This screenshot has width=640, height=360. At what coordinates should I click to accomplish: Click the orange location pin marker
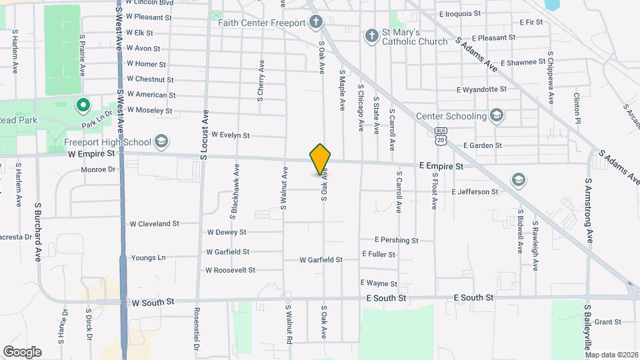tap(320, 159)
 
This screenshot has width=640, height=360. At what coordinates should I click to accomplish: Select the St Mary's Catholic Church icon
tap(371, 36)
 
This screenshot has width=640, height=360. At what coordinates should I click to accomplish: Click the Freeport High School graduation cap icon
tap(161, 141)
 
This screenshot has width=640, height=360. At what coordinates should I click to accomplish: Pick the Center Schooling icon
tap(496, 116)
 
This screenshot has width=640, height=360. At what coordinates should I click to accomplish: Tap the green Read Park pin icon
tap(83, 105)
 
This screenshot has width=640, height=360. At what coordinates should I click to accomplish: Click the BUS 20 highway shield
tap(440, 136)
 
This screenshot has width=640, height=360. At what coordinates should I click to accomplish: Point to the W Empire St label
tap(91, 153)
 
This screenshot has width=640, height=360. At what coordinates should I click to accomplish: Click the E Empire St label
tap(441, 165)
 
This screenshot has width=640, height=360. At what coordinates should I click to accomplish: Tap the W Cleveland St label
tap(154, 224)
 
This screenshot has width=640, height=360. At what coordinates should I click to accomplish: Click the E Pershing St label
tap(396, 240)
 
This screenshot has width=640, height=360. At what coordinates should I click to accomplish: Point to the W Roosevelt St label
tap(230, 270)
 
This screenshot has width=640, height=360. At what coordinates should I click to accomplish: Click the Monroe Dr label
tap(98, 169)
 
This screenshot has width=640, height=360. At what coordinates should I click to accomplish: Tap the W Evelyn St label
tap(229, 135)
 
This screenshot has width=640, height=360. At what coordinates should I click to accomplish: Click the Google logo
tap(22, 351)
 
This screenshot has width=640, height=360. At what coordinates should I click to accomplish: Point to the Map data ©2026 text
tap(611, 355)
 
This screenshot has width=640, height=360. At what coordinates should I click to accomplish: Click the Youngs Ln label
tap(148, 258)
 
